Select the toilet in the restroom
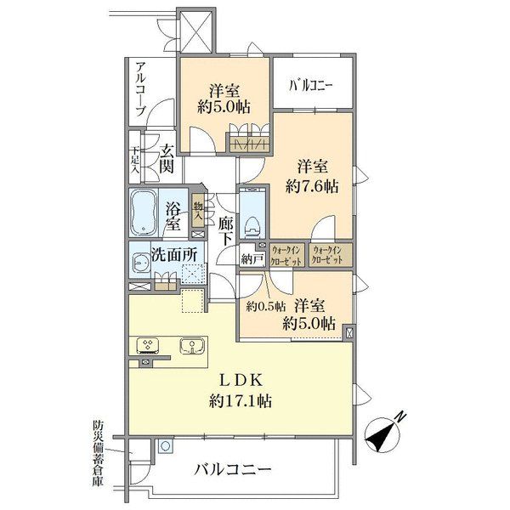[x=252, y=222]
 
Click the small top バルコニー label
[x=310, y=85]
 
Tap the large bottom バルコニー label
[x=232, y=469]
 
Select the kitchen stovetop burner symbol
[x=149, y=345]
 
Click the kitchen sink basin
[x=193, y=346]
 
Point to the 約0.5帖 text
[x=265, y=307]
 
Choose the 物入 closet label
[x=198, y=209]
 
